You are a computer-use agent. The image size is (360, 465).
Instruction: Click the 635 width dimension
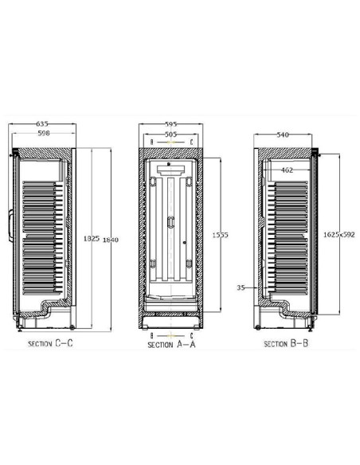point(42,124)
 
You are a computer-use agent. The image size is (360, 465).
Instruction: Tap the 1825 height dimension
point(91,239)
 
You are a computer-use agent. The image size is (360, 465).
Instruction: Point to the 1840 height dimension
point(109,239)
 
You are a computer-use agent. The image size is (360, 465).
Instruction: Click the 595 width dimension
point(171,124)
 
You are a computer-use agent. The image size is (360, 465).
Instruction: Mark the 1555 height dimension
point(221,235)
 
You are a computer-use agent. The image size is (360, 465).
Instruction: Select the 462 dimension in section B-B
point(288,170)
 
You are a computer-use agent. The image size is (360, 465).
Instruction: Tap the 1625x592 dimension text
point(338,235)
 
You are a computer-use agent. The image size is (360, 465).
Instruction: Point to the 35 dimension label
point(241,287)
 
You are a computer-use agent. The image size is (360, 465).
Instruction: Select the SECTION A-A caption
point(171,346)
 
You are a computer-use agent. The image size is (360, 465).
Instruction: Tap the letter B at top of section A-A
point(151,142)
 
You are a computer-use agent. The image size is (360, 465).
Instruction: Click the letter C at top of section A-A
point(191,142)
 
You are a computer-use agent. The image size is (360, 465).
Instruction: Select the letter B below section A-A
point(151,336)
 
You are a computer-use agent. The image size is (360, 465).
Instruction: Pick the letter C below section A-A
point(191,336)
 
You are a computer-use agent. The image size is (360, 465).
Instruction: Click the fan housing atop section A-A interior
point(171,170)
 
